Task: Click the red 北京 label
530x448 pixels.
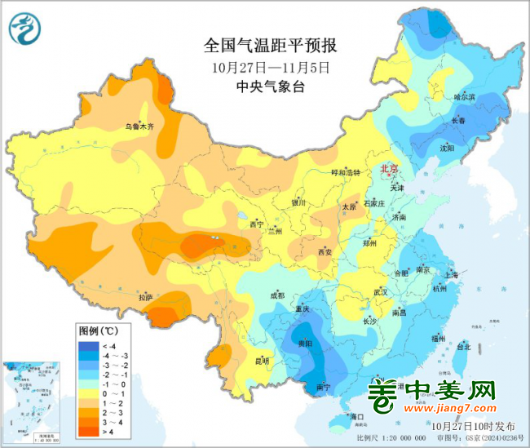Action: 390,169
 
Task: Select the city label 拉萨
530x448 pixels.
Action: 146,298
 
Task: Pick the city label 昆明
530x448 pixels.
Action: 261,360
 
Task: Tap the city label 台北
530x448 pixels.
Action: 462,346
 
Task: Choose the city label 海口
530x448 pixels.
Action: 356,417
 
